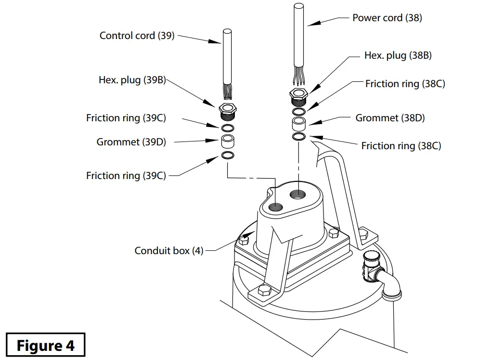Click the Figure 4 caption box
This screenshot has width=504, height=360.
click(x=46, y=346)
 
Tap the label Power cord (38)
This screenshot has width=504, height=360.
click(x=387, y=18)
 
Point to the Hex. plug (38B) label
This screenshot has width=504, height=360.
click(x=398, y=55)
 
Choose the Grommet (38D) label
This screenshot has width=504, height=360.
click(x=390, y=118)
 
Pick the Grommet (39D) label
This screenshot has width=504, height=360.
click(x=131, y=142)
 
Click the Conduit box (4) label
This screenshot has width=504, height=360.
click(x=169, y=251)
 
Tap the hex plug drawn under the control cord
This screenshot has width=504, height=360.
click(x=228, y=111)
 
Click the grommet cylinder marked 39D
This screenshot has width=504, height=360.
click(x=228, y=141)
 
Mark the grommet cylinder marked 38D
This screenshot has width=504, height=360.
click(x=299, y=124)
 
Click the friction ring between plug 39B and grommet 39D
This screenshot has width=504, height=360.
click(x=228, y=128)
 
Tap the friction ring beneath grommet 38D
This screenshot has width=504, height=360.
click(x=299, y=137)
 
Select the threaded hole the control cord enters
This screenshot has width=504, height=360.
click(x=276, y=207)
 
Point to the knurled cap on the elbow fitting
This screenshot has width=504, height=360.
click(x=372, y=262)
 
